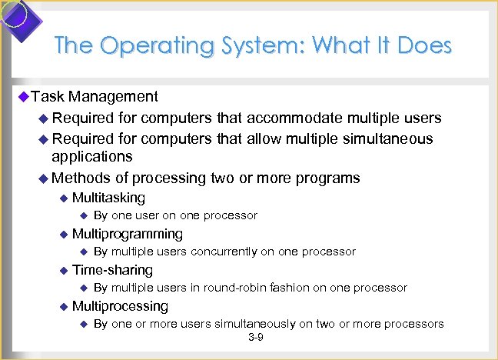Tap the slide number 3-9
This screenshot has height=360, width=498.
(256, 338)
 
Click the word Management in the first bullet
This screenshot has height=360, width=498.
(113, 97)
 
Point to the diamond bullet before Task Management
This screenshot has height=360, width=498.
(23, 97)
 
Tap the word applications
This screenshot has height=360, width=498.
(91, 157)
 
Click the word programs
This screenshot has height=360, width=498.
(326, 178)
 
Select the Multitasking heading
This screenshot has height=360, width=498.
(108, 198)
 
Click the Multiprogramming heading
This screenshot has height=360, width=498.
(127, 234)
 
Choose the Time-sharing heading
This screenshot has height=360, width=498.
(112, 270)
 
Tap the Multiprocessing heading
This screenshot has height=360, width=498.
(120, 306)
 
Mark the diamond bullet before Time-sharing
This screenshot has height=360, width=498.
(64, 270)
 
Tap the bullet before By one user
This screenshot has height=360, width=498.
(84, 215)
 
